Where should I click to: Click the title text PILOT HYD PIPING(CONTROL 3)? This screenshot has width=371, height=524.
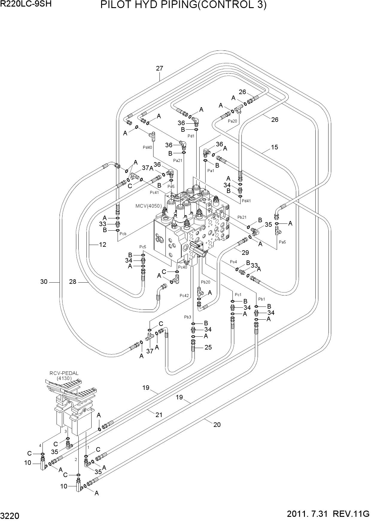(183, 5)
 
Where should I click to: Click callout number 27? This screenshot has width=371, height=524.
(159, 68)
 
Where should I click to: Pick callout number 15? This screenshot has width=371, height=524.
(274, 147)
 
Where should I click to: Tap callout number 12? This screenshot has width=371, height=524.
(103, 244)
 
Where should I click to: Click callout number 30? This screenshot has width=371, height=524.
(44, 281)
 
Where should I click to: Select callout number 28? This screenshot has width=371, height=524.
(73, 281)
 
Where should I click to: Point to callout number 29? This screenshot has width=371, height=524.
(245, 253)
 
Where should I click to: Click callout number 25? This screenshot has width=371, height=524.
(208, 347)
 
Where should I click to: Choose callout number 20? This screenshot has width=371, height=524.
(217, 425)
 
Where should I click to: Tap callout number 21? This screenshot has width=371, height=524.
(159, 415)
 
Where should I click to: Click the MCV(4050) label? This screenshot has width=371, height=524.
(149, 206)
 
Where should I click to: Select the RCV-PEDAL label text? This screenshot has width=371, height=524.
(64, 373)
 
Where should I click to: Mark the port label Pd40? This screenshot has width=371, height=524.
(147, 147)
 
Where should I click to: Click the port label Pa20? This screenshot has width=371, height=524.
(232, 121)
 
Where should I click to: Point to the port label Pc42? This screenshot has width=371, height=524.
(184, 295)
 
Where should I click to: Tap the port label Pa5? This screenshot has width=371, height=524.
(282, 242)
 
